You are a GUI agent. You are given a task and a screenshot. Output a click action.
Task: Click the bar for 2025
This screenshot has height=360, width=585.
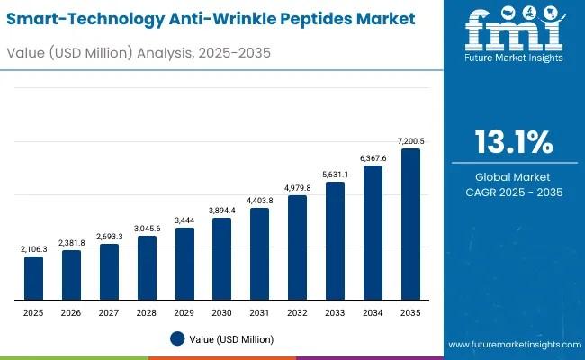(x=33, y=278)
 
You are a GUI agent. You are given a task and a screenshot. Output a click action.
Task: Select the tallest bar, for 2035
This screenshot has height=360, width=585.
(x=410, y=224)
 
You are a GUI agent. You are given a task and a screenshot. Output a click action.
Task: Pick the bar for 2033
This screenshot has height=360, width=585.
(x=335, y=241)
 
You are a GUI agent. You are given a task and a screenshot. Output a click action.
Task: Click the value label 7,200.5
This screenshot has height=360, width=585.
(x=410, y=140)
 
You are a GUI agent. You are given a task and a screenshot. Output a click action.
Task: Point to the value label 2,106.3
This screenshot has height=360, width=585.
(x=33, y=248)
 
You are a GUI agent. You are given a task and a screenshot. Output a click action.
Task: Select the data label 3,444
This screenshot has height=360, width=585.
(x=184, y=220)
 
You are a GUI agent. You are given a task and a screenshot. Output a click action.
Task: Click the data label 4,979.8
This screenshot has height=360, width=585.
(x=297, y=187)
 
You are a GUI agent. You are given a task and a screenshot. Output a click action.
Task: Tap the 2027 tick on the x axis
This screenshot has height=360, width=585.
(x=109, y=311)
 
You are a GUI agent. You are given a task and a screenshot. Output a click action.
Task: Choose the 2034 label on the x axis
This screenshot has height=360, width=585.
(x=373, y=311)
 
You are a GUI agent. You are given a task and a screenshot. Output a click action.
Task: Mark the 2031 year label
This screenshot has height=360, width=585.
(x=259, y=311)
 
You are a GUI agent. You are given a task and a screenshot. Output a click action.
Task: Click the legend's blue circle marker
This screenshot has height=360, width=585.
(x=177, y=338)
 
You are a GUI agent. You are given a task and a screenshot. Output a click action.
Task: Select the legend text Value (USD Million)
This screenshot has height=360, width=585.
(x=232, y=339)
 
